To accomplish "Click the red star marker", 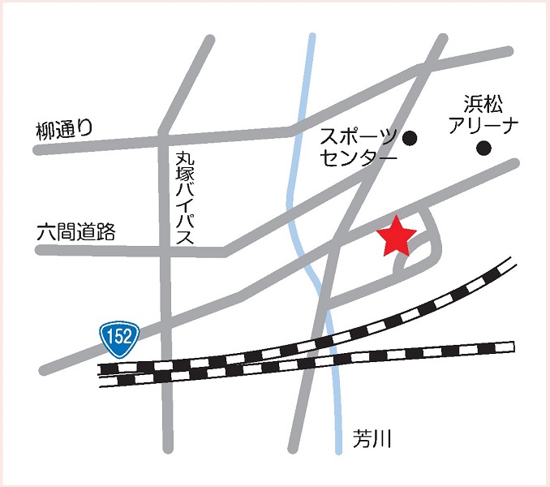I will point(397,237).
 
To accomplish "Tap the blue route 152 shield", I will point(120,336).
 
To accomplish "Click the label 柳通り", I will point(65,128).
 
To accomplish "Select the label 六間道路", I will point(76,231).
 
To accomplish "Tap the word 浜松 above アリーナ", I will point(483,104).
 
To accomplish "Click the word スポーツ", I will point(358,136).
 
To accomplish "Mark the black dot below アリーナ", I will point(484,148).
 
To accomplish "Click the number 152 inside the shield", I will point(120,336).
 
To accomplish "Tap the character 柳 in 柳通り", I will point(45,129).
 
